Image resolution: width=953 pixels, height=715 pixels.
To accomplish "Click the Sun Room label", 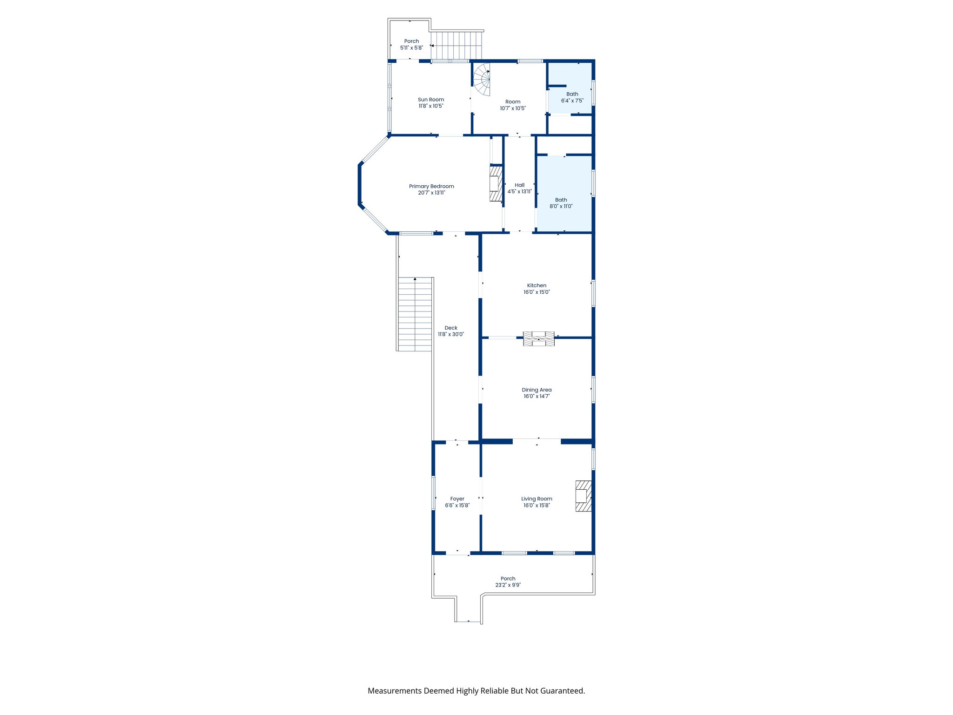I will (x=431, y=100).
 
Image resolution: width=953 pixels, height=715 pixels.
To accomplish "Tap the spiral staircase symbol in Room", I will (x=482, y=80).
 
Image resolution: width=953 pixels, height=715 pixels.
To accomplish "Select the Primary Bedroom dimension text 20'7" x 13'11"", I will (x=431, y=193).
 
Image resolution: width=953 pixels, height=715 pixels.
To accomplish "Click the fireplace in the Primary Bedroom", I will (x=496, y=184).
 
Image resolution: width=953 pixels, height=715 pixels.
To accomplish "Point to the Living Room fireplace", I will (x=583, y=496).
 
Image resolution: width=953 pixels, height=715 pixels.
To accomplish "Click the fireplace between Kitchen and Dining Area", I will (x=539, y=338).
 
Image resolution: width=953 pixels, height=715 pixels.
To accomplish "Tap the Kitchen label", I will (x=537, y=285).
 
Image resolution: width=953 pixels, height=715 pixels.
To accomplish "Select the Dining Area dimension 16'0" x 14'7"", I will (x=537, y=397).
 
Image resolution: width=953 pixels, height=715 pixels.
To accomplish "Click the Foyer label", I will (x=457, y=499).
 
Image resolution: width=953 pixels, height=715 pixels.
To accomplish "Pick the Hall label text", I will (x=519, y=185).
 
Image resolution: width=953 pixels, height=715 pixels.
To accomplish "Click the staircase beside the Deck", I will (x=415, y=315).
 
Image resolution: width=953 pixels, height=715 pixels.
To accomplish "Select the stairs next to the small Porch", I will (x=456, y=45).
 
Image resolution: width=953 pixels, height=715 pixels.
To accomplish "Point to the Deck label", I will (x=451, y=328).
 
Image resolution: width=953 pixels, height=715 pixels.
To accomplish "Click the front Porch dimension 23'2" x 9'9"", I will (x=508, y=585).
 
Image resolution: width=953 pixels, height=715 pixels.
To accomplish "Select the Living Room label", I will (x=537, y=499).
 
